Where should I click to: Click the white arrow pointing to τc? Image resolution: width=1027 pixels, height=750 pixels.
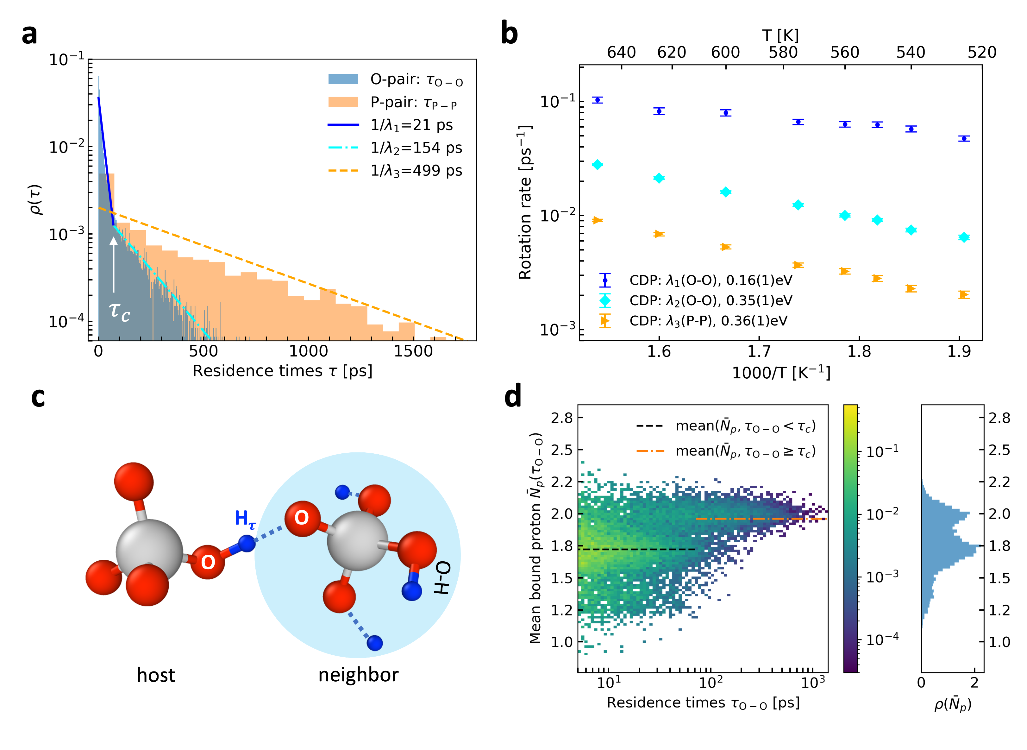pos(113,264)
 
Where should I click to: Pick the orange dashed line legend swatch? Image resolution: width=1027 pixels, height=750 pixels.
pos(343,171)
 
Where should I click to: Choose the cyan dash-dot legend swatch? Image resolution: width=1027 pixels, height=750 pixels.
pos(343,148)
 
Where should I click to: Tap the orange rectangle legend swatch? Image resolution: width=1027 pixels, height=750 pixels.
pos(343,102)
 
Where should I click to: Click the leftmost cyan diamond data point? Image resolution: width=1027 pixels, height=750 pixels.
pos(597,164)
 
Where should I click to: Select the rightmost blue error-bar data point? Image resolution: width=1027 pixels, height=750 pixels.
pos(964,138)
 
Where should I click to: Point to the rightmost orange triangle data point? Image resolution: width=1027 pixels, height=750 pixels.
pos(964,295)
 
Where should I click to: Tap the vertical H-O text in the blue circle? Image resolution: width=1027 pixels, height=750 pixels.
pos(442,577)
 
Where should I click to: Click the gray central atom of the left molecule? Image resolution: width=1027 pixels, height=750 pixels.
pos(149,551)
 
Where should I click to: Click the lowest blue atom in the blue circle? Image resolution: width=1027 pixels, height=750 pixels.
pos(374,643)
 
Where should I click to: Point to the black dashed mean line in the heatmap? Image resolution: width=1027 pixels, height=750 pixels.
pos(636,549)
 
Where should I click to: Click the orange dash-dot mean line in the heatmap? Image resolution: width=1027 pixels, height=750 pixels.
pos(762,519)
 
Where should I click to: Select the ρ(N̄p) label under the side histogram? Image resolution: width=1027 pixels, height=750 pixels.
pos(952,704)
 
